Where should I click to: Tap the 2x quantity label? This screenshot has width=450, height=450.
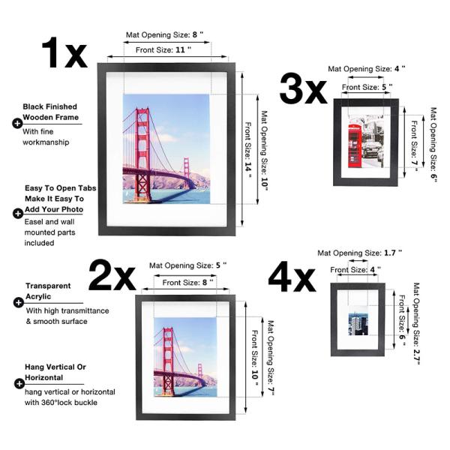(x=112, y=275)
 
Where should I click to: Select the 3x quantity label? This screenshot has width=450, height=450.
(x=303, y=90)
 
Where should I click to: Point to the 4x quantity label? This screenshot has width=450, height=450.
(x=292, y=278)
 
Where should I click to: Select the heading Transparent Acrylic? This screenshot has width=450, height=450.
(x=48, y=291)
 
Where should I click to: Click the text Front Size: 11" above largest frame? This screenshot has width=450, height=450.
(x=163, y=49)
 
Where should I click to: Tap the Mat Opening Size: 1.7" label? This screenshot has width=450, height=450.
(x=360, y=253)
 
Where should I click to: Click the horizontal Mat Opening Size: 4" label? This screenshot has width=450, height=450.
(x=366, y=69)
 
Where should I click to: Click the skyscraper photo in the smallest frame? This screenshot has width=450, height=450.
(x=358, y=325)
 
